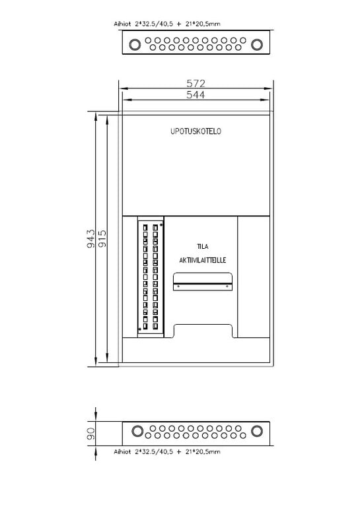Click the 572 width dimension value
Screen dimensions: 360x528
pyautogui.click(x=196, y=83)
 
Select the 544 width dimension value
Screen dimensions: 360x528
pyautogui.click(x=196, y=94)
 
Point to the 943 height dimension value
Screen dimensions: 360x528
pyautogui.click(x=91, y=239)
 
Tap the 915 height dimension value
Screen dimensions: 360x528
pyautogui.click(x=102, y=239)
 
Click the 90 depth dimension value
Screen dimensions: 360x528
pyautogui.click(x=91, y=434)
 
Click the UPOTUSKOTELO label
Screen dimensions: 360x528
pyautogui.click(x=196, y=131)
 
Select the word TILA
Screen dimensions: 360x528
pyautogui.click(x=203, y=246)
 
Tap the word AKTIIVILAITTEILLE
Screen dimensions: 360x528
pyautogui.click(x=203, y=260)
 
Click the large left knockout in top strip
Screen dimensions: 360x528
pyautogui.click(x=135, y=44)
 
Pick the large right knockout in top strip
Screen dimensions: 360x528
pyautogui.click(x=257, y=44)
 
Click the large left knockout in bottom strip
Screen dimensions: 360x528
pyautogui.click(x=137, y=431)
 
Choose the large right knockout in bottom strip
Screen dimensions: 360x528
pyautogui.click(x=257, y=431)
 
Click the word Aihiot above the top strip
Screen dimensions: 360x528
pyautogui.click(x=122, y=24)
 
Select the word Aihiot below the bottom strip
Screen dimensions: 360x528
pyautogui.click(x=122, y=451)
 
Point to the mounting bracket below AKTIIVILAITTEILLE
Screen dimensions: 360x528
pyautogui.click(x=203, y=282)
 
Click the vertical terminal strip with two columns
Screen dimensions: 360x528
pyautogui.click(x=151, y=277)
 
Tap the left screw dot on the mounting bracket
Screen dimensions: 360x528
pyautogui.click(x=178, y=286)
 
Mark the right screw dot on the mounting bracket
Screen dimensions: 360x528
pyautogui.click(x=227, y=286)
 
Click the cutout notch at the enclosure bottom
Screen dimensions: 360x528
pyautogui.click(x=203, y=325)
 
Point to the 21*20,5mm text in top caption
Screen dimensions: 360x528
pyautogui.click(x=203, y=24)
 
